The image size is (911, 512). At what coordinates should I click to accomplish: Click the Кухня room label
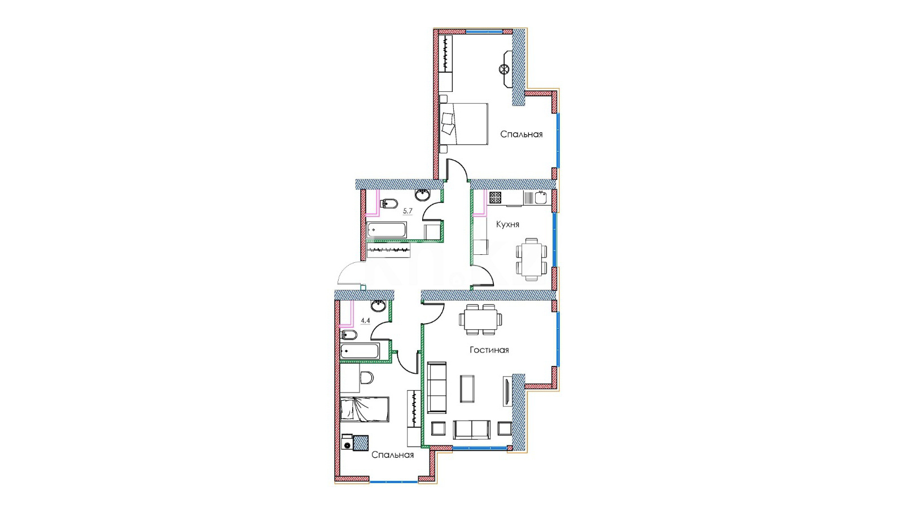pyautogui.click(x=507, y=224)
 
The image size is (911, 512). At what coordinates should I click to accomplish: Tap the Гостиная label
pyautogui.click(x=489, y=350)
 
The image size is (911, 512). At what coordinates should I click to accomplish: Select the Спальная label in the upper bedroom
pyautogui.click(x=522, y=134)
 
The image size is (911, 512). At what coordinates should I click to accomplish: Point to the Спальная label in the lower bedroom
pyautogui.click(x=392, y=454)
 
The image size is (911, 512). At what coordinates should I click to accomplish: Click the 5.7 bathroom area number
pyautogui.click(x=408, y=211)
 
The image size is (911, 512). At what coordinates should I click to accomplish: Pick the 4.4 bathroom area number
pyautogui.click(x=366, y=320)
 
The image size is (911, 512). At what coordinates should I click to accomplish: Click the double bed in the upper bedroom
pyautogui.click(x=463, y=124)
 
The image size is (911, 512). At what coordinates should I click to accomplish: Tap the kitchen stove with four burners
pyautogui.click(x=496, y=197)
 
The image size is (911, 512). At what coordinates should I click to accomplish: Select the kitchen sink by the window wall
pyautogui.click(x=541, y=198)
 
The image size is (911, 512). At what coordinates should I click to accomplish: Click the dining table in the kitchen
pyautogui.click(x=532, y=259)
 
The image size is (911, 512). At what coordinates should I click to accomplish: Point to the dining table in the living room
pyautogui.click(x=480, y=319)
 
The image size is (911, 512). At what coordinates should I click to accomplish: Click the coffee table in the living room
pyautogui.click(x=467, y=389)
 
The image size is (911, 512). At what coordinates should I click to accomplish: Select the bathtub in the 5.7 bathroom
pyautogui.click(x=387, y=230)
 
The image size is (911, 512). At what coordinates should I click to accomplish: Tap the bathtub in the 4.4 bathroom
pyautogui.click(x=360, y=351)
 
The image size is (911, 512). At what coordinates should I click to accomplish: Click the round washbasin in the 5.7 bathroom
pyautogui.click(x=422, y=195)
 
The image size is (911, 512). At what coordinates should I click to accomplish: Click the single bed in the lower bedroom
pyautogui.click(x=365, y=409)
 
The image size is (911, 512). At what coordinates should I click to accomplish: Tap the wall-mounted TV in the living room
pyautogui.click(x=507, y=391)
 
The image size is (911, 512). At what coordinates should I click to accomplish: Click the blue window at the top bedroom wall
pyautogui.click(x=484, y=31)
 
